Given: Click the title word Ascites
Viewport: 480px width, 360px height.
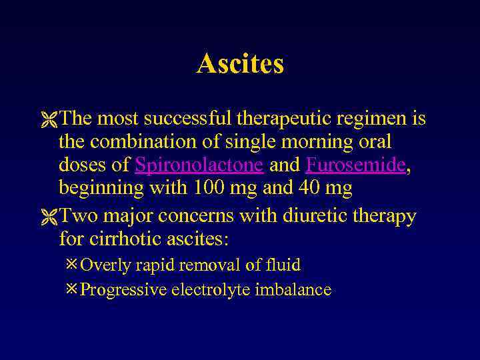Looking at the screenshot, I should [240, 64].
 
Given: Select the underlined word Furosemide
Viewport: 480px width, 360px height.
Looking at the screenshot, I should [355, 165].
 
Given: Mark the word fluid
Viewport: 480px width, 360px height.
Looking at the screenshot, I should [283, 265].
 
